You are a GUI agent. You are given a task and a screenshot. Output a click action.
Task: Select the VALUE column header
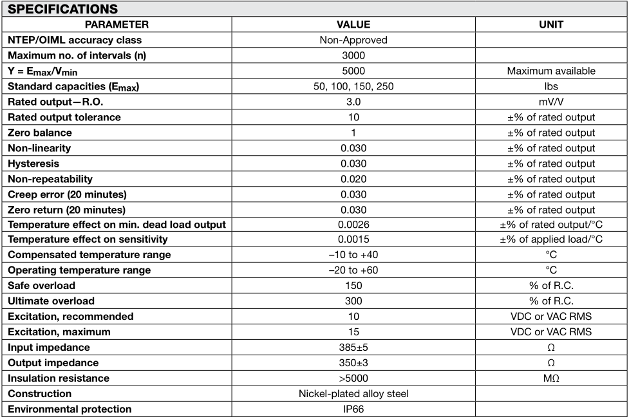pos(353,24)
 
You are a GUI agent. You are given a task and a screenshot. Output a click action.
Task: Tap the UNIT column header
pos(550,24)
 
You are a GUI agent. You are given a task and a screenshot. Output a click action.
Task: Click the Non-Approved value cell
pos(353,40)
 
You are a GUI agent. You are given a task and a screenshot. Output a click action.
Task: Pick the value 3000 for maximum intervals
pos(353,55)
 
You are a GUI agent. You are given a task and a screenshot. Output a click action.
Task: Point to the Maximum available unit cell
pos(550,71)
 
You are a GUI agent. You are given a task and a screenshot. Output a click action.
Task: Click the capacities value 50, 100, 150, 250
pos(353,86)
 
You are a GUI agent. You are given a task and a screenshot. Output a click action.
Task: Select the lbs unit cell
pos(550,86)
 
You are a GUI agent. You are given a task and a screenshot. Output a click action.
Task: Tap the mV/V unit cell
pos(550,102)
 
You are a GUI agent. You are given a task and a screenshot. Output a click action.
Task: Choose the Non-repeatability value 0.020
pos(353,179)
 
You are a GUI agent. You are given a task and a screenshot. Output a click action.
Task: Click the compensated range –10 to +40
pos(353,255)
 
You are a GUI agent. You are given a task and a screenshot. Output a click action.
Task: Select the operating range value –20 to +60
pos(353,270)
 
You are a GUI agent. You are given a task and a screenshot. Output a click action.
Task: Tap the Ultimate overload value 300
pos(353,301)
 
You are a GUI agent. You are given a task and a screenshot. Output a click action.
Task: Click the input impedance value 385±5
pos(353,348)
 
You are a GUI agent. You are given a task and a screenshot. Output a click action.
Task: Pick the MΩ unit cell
pos(550,378)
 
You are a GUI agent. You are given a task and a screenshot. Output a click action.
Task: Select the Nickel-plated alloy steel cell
pos(353,394)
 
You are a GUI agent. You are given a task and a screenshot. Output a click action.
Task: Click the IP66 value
pos(353,409)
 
